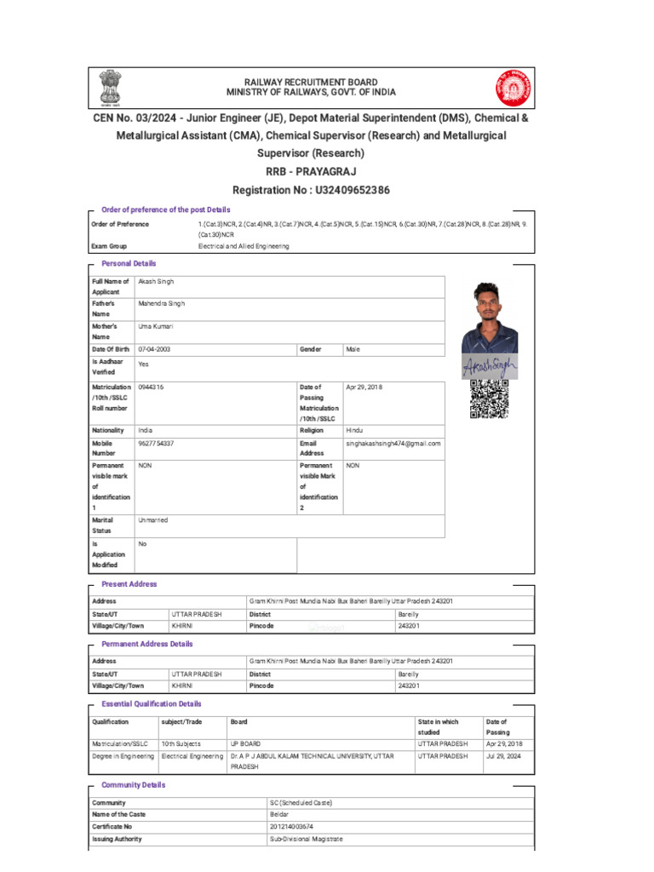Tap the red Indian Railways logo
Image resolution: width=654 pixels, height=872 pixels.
click(513, 87)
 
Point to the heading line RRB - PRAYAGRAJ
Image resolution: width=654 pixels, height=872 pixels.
click(310, 171)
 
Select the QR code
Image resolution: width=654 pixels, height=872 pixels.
click(490, 399)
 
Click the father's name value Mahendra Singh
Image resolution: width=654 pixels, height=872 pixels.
click(161, 303)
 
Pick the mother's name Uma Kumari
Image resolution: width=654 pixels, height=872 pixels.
click(156, 326)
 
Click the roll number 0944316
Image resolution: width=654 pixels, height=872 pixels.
click(151, 387)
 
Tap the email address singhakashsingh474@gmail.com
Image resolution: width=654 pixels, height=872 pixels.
click(393, 444)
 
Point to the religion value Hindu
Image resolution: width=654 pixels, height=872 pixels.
click(354, 430)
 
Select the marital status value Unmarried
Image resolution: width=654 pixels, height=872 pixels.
click(153, 519)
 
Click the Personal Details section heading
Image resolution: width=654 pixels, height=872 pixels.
click(129, 264)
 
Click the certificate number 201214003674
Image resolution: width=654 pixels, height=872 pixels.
click(291, 826)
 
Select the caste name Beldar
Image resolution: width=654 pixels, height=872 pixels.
click(279, 814)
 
